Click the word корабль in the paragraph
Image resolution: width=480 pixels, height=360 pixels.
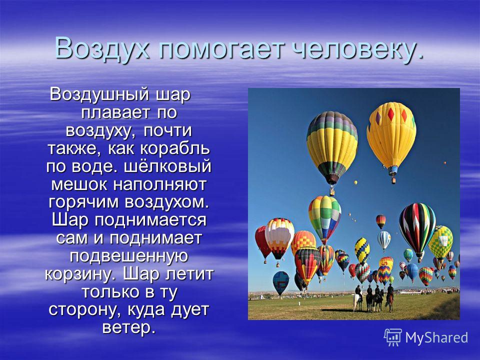pos(175,149)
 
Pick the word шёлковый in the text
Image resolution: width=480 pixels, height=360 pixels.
pos(168,166)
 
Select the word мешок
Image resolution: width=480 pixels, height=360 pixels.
pos(79,184)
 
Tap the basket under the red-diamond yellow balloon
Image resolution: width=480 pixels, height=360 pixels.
pos(393,180)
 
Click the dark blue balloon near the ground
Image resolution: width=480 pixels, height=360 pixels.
pos(280,282)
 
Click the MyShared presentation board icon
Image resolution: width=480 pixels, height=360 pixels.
pos(393,337)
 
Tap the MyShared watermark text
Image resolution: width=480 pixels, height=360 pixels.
pos(436,337)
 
